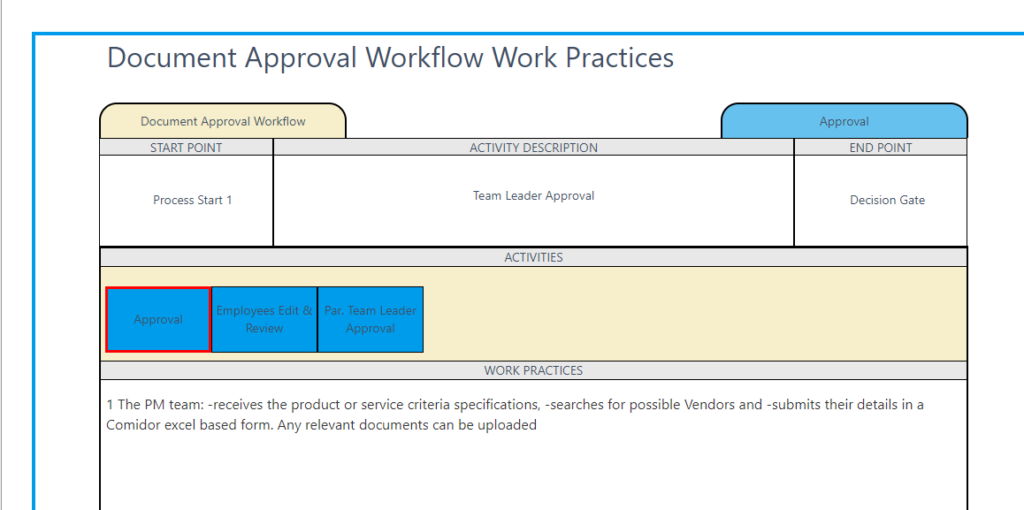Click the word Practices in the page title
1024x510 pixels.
620,58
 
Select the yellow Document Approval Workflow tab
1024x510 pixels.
223,121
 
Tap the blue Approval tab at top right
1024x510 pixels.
844,121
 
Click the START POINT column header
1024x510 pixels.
186,148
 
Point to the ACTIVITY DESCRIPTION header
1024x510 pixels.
533,148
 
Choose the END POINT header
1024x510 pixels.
880,148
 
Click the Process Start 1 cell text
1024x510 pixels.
192,200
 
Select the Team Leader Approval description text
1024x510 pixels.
533,196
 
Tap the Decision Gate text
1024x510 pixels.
887,200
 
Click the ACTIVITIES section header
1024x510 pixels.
533,258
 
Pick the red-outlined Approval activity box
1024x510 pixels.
158,320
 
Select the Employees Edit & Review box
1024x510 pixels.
264,320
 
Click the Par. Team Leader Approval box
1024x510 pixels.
370,320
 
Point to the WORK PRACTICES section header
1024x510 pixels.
533,371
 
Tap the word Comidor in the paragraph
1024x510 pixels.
134,425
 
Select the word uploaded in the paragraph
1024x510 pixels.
508,425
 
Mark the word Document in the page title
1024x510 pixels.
164,58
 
